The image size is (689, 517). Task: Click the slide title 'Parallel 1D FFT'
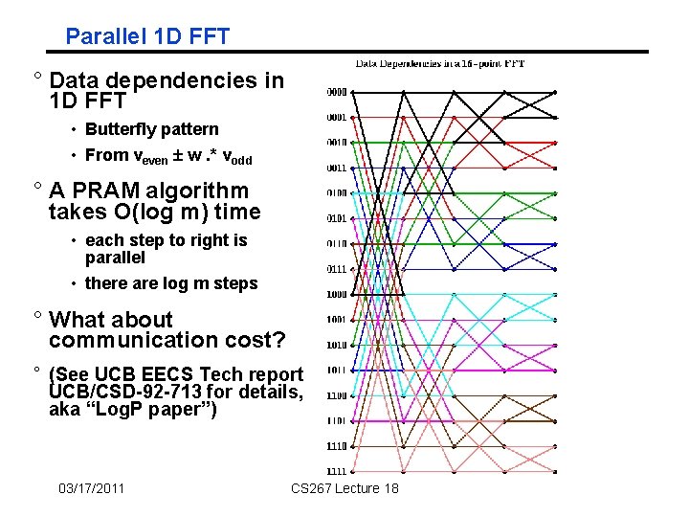147,37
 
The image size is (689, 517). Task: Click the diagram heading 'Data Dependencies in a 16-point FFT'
440,64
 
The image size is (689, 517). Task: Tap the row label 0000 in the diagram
336,93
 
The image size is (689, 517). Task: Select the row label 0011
336,169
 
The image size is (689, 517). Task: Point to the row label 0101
336,218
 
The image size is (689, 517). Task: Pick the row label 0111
336,269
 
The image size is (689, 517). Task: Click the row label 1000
336,294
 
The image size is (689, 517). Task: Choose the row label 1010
336,345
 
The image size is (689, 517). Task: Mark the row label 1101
336,420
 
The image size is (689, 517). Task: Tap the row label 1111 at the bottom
336,471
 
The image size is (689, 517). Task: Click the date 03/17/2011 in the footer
91,489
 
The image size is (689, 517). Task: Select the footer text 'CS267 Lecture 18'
344,489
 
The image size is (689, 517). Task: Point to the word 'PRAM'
105,191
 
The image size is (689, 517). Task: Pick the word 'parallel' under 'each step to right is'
115,258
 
